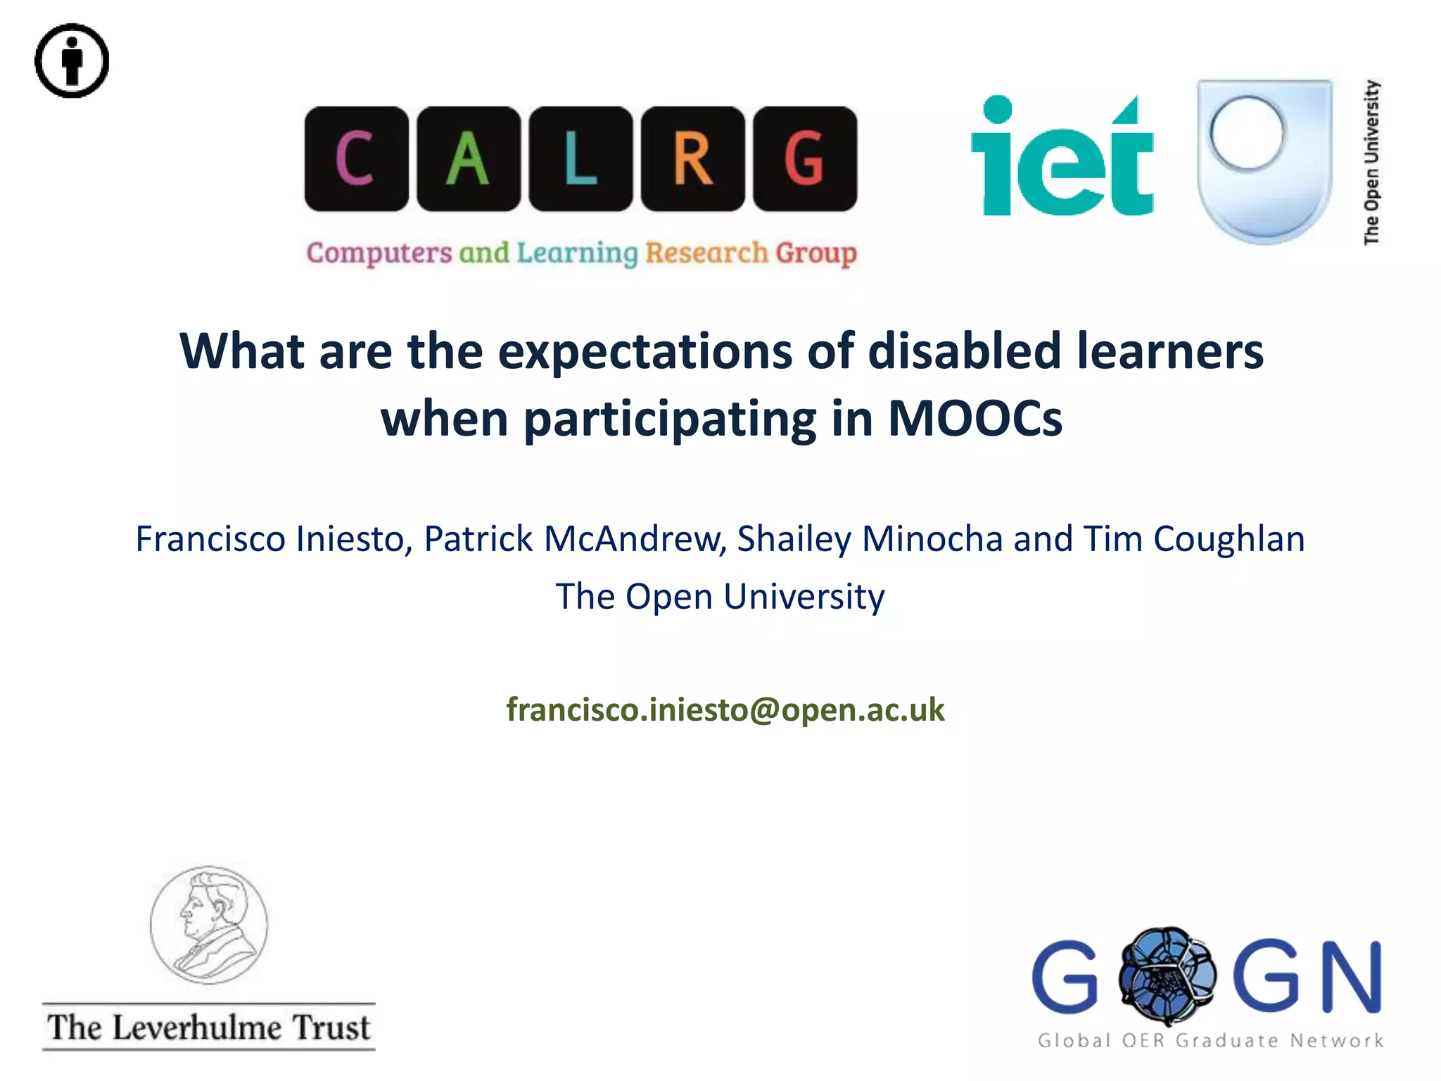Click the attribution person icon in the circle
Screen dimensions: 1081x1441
[72, 61]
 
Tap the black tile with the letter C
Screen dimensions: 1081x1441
[356, 159]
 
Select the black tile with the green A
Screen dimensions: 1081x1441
[469, 159]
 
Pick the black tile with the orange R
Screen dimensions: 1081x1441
[693, 159]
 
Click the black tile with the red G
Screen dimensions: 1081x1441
[805, 159]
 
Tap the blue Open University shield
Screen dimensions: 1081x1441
[1264, 160]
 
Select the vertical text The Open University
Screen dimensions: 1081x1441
[1372, 162]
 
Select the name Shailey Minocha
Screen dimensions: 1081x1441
[870, 539]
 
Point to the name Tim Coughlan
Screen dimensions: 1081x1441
[1193, 539]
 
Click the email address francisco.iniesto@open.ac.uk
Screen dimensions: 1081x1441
[725, 709]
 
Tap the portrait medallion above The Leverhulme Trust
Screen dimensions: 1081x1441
[209, 925]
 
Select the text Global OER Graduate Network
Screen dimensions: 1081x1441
[1210, 1040]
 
